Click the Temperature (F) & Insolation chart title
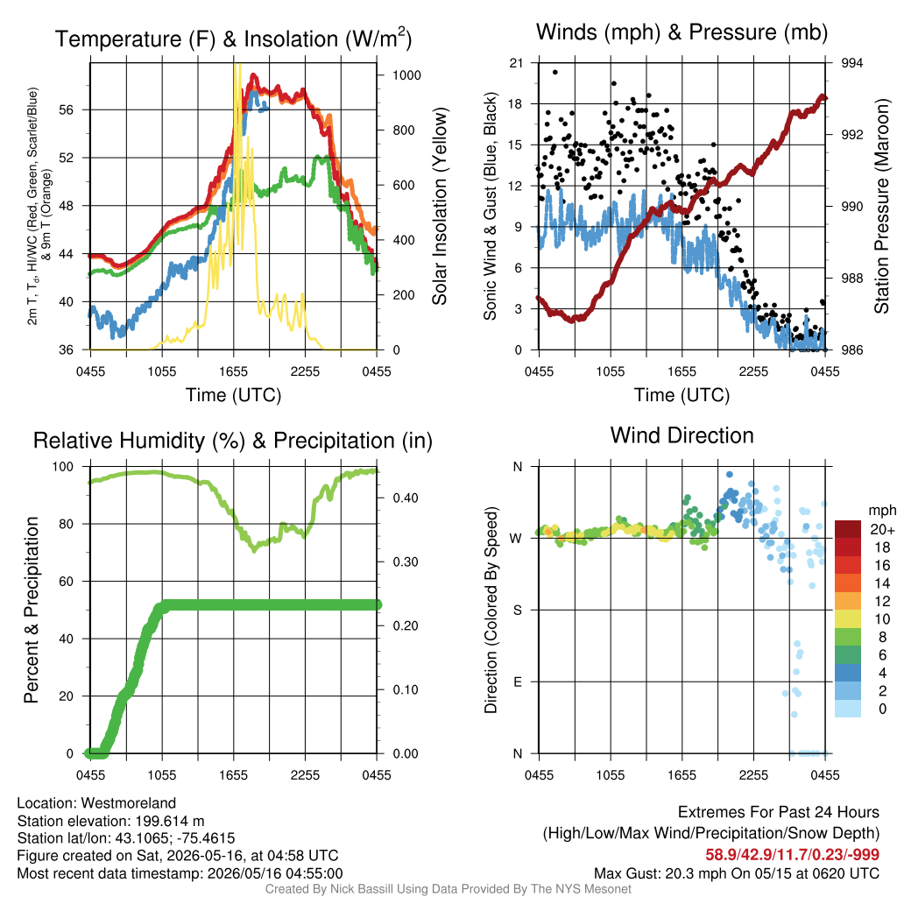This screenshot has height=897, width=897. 233,39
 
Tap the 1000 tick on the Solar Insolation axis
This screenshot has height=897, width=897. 406,75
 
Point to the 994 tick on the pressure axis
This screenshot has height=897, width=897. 851,63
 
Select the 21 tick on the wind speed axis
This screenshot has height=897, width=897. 516,63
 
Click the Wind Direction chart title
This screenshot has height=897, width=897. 682,435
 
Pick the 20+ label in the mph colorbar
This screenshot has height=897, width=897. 882,530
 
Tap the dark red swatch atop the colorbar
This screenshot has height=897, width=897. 848,529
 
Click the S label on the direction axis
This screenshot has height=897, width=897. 518,611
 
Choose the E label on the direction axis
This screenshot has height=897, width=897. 518,682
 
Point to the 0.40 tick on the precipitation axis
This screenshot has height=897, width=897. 406,498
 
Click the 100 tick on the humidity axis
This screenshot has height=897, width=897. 63,467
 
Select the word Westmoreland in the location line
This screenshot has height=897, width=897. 129,803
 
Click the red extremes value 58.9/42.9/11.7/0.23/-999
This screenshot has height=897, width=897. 792,855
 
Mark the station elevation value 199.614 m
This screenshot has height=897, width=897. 170,822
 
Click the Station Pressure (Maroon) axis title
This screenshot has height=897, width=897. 882,206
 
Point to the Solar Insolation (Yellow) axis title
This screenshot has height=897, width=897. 440,206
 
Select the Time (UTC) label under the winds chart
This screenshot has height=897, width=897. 682,395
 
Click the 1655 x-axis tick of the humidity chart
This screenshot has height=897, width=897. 233,775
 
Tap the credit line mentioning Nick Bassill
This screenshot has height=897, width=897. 448,889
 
